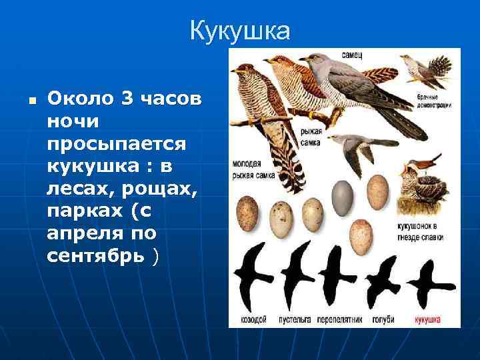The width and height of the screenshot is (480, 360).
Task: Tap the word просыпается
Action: pos(117,145)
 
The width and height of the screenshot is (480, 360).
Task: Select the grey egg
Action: pos(343,194)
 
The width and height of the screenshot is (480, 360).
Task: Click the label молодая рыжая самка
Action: pos(254,170)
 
